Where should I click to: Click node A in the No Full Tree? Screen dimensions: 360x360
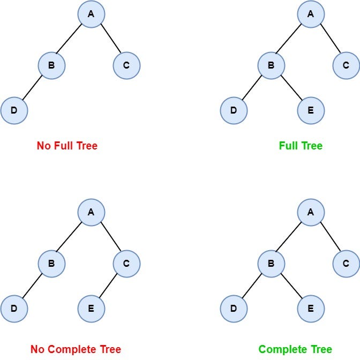(x=91, y=14)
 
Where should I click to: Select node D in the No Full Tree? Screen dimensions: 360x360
(x=14, y=111)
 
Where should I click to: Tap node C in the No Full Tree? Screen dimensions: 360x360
(x=126, y=66)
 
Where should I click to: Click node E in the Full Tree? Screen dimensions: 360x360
(x=311, y=111)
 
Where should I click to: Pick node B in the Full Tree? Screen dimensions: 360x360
(x=271, y=66)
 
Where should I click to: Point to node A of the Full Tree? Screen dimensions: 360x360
(x=311, y=14)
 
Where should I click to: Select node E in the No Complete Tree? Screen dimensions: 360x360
(x=91, y=309)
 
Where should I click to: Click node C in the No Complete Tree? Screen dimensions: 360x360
(x=126, y=264)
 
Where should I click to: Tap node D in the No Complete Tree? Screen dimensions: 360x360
(x=14, y=309)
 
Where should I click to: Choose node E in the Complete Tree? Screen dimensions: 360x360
(x=311, y=309)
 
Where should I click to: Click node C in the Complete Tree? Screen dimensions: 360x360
(x=346, y=264)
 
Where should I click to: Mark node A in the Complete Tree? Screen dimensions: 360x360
(x=311, y=212)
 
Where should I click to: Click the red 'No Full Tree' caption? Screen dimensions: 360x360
(x=67, y=146)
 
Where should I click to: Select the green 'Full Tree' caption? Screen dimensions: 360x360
(x=301, y=146)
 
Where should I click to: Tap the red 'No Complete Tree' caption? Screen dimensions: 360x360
(x=76, y=349)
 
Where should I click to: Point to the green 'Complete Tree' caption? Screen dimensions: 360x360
(x=295, y=349)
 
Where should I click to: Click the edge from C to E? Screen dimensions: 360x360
(x=109, y=286)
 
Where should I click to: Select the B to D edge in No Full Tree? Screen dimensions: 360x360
(x=33, y=88)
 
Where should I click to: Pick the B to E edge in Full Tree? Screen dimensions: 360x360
(x=291, y=88)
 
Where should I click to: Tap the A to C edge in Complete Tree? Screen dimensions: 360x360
(x=328, y=238)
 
